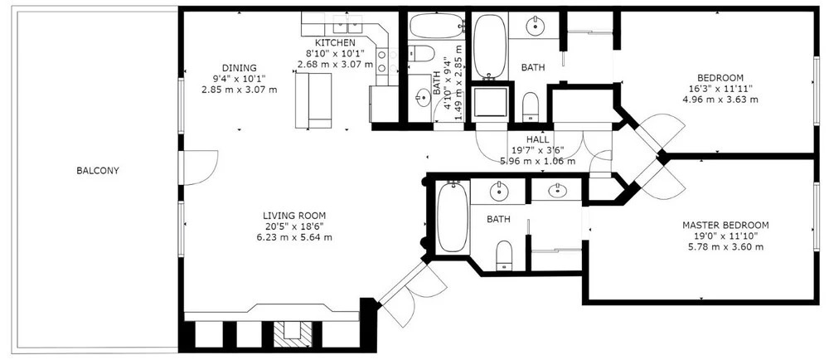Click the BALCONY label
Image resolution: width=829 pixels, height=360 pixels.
[x=98, y=171]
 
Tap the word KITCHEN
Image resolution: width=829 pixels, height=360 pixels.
[x=335, y=42]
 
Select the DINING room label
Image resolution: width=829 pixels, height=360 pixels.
[x=239, y=68]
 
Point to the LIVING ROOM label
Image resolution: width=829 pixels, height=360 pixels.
[x=294, y=216]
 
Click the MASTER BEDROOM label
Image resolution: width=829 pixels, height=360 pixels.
[x=725, y=225]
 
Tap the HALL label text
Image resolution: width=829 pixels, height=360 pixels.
[x=538, y=139]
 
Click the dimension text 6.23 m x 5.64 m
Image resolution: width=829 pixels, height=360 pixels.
[x=294, y=237]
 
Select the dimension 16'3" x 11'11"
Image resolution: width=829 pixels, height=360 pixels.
[x=720, y=88]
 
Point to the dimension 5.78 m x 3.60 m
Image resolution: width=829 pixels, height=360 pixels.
[x=725, y=247]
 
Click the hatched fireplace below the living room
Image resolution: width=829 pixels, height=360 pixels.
[x=293, y=334]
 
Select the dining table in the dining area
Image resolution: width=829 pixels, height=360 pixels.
[x=313, y=100]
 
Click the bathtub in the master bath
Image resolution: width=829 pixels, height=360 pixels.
[x=453, y=216]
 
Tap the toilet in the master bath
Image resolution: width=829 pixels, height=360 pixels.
[x=504, y=255]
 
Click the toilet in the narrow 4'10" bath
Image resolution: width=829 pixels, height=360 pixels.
[x=422, y=53]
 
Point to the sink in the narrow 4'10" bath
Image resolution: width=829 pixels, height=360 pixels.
[x=424, y=97]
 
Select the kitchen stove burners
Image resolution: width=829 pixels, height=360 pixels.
[x=381, y=61]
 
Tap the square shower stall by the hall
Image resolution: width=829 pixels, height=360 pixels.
[x=491, y=103]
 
